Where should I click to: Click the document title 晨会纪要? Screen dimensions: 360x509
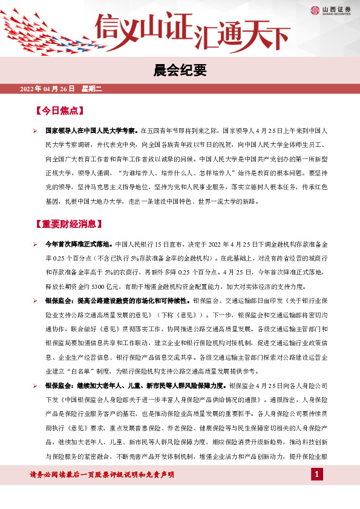[x=180, y=71]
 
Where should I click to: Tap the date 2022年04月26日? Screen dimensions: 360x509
[x=47, y=89]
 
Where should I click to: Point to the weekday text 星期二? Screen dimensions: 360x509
[x=92, y=89]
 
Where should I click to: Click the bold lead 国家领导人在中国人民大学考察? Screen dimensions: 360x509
[x=92, y=130]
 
